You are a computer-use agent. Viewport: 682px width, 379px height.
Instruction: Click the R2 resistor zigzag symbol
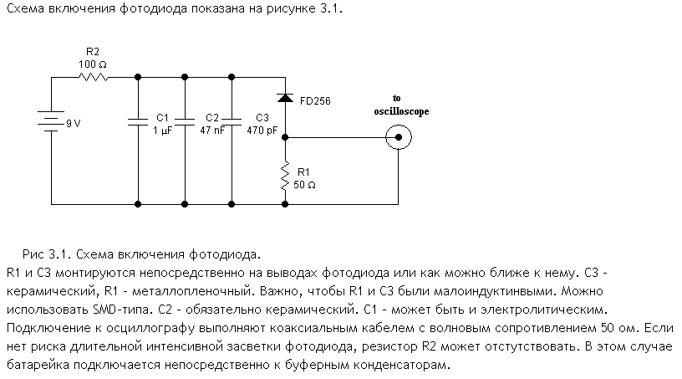point(94,78)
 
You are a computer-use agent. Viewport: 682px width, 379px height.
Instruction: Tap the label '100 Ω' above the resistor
point(93,64)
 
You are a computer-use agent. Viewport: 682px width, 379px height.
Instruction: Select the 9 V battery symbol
point(52,124)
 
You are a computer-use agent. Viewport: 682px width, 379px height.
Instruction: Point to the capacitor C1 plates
point(136,123)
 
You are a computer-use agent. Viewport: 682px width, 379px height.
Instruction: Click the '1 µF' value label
point(162,131)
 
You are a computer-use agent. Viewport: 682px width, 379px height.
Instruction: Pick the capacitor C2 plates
point(183,123)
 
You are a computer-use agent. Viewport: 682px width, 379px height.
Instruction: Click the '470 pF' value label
point(261,131)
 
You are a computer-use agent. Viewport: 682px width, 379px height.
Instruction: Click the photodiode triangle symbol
point(285,98)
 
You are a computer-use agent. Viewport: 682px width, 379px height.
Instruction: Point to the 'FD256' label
point(314,100)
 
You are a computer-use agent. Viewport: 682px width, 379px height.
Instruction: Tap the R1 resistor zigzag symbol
point(285,176)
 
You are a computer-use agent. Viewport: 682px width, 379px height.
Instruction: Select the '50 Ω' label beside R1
point(304,185)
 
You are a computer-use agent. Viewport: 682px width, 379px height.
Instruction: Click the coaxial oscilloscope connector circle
point(398,136)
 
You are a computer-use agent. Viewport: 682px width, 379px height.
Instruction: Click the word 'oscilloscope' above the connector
point(400,111)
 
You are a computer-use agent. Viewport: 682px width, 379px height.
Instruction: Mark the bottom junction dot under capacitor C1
point(136,202)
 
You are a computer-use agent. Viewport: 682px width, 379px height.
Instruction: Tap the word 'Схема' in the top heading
point(23,8)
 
